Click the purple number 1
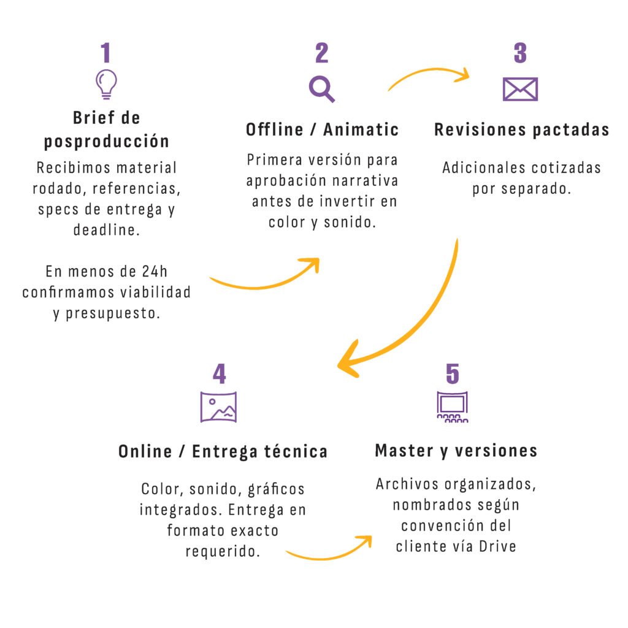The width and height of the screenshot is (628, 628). pos(106,53)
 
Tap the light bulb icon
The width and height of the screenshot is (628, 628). pos(106,84)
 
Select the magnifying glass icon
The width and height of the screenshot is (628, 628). pos(321,88)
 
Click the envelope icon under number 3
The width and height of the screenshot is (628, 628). pos(520,90)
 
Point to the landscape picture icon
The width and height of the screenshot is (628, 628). pos(219,405)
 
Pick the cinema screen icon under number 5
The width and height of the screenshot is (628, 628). pos(452,407)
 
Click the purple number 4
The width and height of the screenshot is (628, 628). pos(219,374)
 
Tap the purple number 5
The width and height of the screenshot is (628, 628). pos(452,374)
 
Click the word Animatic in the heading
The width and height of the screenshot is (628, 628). pos(361,129)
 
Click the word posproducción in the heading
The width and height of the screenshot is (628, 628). pos(106,141)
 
